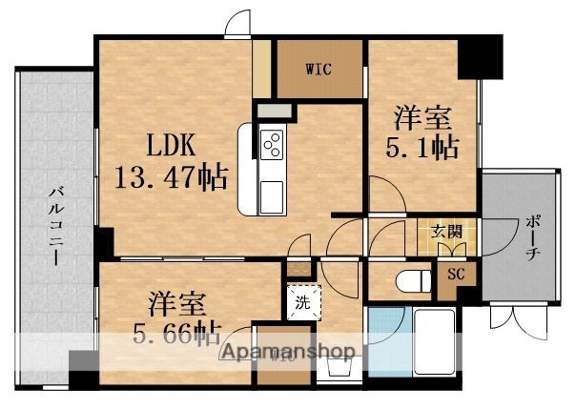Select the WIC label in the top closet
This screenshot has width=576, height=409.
pos(319,69)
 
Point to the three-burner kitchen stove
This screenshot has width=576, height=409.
pos(271,145)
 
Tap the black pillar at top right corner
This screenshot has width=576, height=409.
pos(479,58)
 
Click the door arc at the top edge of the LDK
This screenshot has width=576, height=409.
pos(238,26)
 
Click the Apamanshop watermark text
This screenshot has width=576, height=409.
pos(287,352)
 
